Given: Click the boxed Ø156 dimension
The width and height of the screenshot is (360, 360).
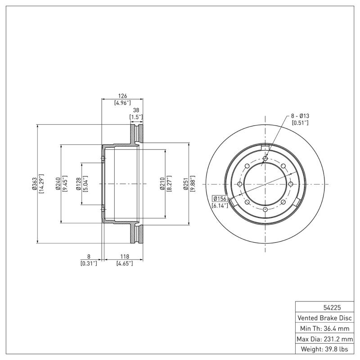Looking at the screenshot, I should (x=220, y=198).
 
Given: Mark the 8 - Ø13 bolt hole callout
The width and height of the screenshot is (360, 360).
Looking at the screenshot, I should (x=300, y=116).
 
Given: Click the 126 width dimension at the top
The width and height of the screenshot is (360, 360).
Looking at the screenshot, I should (x=122, y=96).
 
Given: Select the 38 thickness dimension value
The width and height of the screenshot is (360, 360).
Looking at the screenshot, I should (x=136, y=110).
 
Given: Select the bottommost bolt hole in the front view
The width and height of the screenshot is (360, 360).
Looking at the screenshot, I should (x=265, y=210).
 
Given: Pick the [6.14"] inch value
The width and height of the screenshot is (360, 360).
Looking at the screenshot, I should (x=220, y=205).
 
